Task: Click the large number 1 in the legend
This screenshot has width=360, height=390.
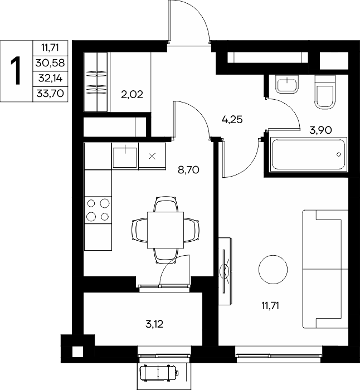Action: coord(16,71)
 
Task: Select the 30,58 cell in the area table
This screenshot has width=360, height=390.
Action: coord(50,63)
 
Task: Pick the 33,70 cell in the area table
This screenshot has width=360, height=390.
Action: coord(50,94)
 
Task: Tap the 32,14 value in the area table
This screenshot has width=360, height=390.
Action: coord(50,79)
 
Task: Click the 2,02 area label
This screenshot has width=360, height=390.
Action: coord(132,95)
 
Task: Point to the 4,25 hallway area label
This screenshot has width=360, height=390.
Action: coord(232,120)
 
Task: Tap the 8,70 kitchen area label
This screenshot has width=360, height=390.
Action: coord(188,170)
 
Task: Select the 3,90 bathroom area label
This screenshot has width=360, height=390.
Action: coord(320,130)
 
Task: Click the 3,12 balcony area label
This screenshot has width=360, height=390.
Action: coord(154,324)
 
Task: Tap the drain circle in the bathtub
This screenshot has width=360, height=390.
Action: coord(339,154)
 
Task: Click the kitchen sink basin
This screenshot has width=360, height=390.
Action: coord(125,158)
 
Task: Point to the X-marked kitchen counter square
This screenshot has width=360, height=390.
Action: coord(152,157)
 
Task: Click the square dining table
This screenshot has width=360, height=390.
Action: coord(166,230)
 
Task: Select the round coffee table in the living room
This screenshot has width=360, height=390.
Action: coord(273,270)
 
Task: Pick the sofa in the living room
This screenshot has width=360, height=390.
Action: coord(325,269)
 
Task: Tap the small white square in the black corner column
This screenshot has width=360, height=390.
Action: coord(77,352)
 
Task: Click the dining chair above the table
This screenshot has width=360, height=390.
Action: coord(166,204)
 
